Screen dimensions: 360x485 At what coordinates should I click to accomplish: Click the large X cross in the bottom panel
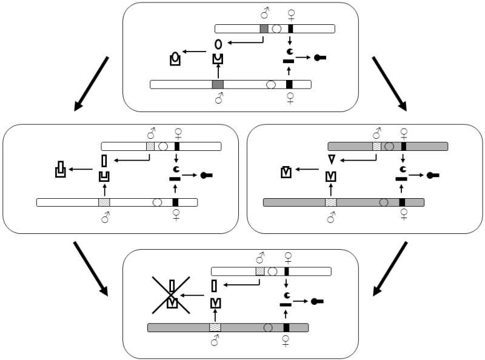pyautogui.click(x=172, y=295)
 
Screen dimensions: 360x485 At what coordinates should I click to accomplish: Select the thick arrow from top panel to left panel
pyautogui.click(x=91, y=84)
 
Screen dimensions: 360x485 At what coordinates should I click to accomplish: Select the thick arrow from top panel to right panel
pyautogui.click(x=389, y=84)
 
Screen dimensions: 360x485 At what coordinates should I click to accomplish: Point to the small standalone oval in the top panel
pyautogui.click(x=218, y=44)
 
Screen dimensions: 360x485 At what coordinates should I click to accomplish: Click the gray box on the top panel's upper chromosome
pyautogui.click(x=264, y=28)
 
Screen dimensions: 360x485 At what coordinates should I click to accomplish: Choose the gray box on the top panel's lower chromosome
pyautogui.click(x=218, y=84)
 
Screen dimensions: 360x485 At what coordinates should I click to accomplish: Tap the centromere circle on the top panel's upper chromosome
pyautogui.click(x=276, y=28)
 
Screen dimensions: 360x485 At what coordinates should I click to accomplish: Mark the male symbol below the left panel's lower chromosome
pyautogui.click(x=104, y=216)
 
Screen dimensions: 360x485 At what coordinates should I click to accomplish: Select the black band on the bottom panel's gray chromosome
pyautogui.click(x=286, y=327)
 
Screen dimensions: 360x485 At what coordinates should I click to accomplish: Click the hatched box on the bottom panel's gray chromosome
pyautogui.click(x=215, y=327)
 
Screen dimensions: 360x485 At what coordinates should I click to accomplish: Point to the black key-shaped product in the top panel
pyautogui.click(x=321, y=58)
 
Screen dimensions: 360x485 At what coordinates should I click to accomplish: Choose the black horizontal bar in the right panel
pyautogui.click(x=401, y=178)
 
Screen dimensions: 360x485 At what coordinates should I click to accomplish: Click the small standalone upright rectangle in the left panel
pyautogui.click(x=104, y=161)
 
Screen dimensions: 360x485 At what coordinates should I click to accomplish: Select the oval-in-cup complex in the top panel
pyautogui.click(x=175, y=59)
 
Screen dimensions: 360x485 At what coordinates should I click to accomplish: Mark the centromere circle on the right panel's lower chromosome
pyautogui.click(x=383, y=202)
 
